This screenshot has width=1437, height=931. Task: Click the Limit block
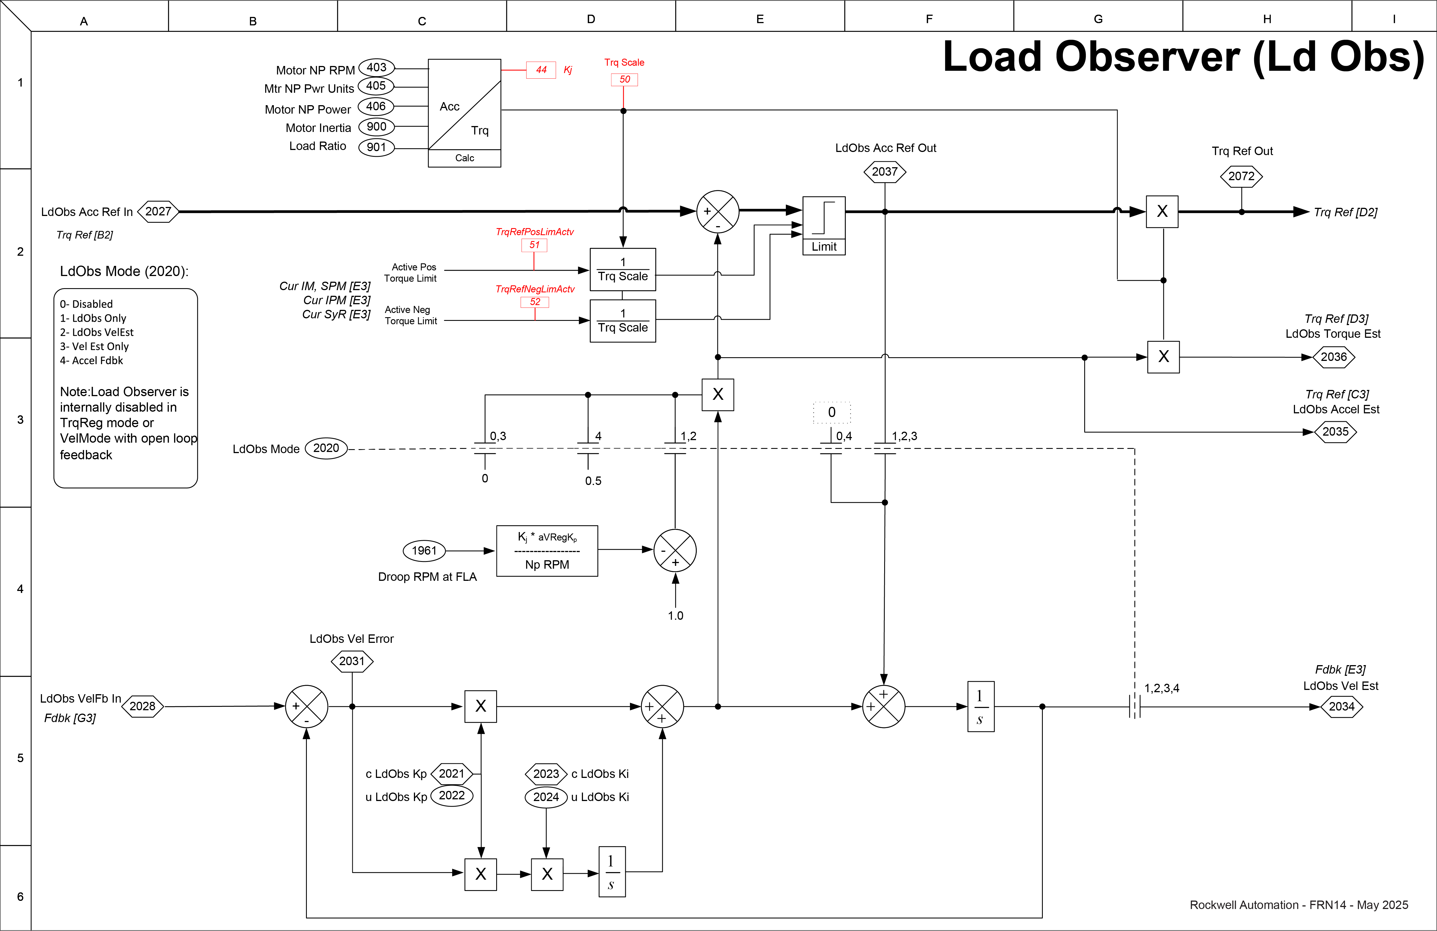pyautogui.click(x=824, y=225)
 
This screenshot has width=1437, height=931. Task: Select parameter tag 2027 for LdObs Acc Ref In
pyautogui.click(x=158, y=211)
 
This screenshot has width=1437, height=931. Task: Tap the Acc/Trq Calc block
pyautogui.click(x=464, y=113)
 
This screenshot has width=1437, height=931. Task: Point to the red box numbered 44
pyautogui.click(x=541, y=70)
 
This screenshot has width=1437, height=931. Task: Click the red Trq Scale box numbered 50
pyautogui.click(x=624, y=79)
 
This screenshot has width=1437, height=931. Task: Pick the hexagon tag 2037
pyautogui.click(x=884, y=172)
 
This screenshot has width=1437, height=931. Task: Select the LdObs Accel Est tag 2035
pyautogui.click(x=1335, y=432)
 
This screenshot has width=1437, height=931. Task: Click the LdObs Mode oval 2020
pyautogui.click(x=326, y=448)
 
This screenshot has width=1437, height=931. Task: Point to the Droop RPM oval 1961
pyautogui.click(x=424, y=550)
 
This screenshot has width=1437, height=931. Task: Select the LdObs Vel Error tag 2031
pyautogui.click(x=352, y=661)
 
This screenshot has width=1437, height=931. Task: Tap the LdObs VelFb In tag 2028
pyautogui.click(x=143, y=706)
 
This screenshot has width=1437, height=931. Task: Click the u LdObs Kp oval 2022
pyautogui.click(x=452, y=796)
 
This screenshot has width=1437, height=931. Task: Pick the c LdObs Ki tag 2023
pyautogui.click(x=546, y=774)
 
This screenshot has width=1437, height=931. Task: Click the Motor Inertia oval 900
pyautogui.click(x=376, y=127)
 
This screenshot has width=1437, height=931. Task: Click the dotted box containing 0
pyautogui.click(x=831, y=413)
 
